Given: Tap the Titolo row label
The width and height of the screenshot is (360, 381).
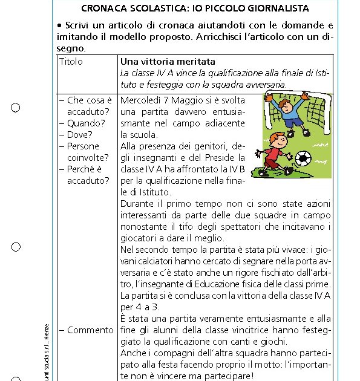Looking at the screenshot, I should (71, 62).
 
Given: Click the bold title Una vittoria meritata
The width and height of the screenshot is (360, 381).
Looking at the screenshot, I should (168, 62).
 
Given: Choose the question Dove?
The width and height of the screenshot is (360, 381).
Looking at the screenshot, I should (80, 134).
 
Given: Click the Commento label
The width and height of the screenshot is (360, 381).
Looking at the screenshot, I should (90, 330).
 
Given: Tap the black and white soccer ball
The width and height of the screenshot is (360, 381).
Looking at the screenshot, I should (304, 158).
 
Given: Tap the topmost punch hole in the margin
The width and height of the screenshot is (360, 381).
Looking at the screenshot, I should (16, 108).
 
